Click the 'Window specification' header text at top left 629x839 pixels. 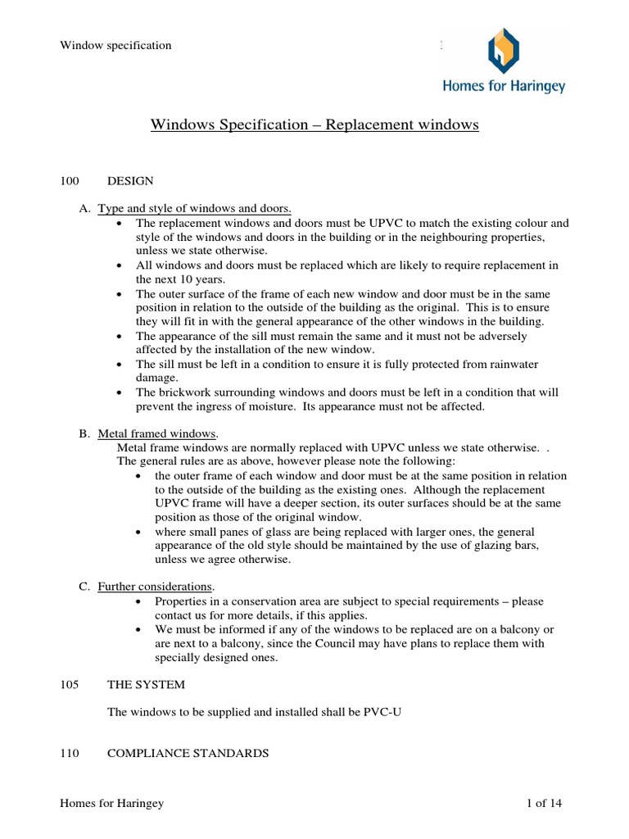click(115, 45)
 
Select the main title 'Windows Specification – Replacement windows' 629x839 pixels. click(314, 125)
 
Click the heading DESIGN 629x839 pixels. click(130, 180)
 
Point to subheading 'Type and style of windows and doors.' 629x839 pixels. click(195, 209)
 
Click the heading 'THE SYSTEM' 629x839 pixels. click(146, 684)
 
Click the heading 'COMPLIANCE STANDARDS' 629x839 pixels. click(188, 753)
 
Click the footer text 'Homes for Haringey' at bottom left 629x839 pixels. click(112, 804)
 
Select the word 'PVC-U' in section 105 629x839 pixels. click(382, 712)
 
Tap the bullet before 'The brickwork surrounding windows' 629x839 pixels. click(120, 392)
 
